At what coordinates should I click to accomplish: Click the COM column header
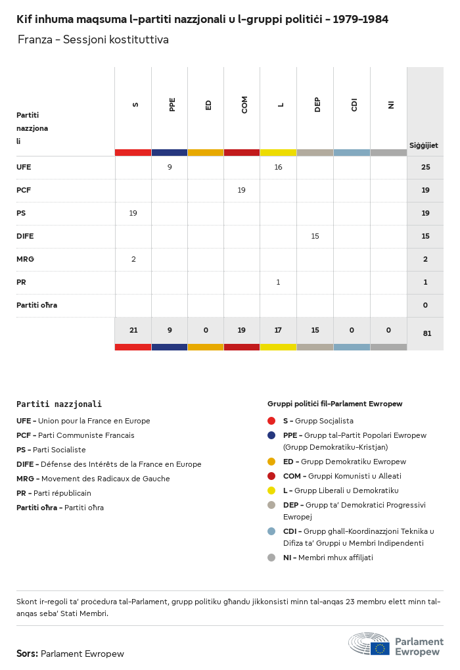pyautogui.click(x=244, y=105)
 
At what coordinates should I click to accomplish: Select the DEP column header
pyautogui.click(x=317, y=105)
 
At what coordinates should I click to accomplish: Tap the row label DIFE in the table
pyautogui.click(x=25, y=236)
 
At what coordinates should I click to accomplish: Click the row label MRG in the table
pyautogui.click(x=25, y=259)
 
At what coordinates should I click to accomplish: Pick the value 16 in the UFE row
pyautogui.click(x=278, y=167)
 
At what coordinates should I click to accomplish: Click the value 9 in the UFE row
pyautogui.click(x=170, y=167)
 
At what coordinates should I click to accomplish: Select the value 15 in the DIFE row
pyautogui.click(x=315, y=236)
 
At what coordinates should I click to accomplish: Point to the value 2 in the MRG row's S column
pyautogui.click(x=133, y=259)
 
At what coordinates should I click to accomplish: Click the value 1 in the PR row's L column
pyautogui.click(x=278, y=282)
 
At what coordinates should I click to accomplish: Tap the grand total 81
pyautogui.click(x=427, y=333)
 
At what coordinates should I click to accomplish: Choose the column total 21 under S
pyautogui.click(x=133, y=330)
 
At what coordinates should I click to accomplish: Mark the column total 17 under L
pyautogui.click(x=278, y=330)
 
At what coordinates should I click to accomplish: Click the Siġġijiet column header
pyautogui.click(x=424, y=145)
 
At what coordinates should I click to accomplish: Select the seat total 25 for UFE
pyautogui.click(x=425, y=167)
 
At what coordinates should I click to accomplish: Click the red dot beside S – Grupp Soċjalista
pyautogui.click(x=271, y=421)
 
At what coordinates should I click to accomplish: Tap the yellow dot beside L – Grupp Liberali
pyautogui.click(x=271, y=491)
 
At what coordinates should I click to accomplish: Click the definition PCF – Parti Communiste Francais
pyautogui.click(x=75, y=435)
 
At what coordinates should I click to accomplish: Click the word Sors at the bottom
pyautogui.click(x=26, y=654)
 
